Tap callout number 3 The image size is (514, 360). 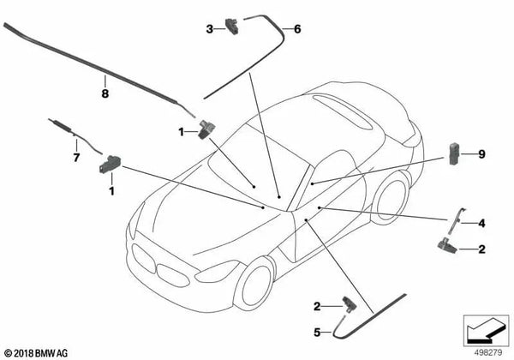(x=209, y=30)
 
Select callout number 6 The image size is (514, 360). (x=297, y=30)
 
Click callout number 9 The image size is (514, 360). (x=481, y=154)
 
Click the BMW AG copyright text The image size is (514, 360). (x=40, y=352)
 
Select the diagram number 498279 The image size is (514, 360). (x=489, y=351)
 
